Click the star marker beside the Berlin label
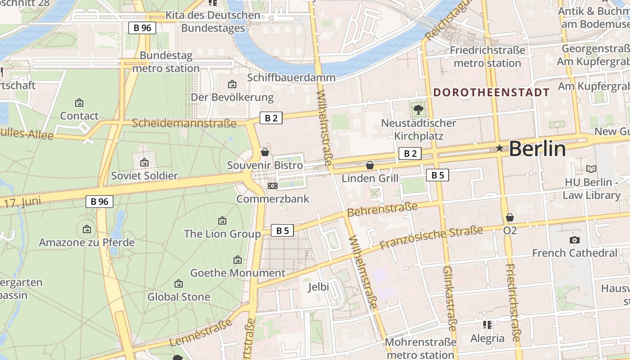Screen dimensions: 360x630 point(499,148)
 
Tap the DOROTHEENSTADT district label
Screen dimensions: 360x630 point(491,93)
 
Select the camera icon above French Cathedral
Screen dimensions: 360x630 point(574,240)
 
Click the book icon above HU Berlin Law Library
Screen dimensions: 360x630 point(591,169)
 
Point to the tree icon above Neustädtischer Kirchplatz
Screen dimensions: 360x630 point(418,109)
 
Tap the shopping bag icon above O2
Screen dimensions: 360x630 point(510,218)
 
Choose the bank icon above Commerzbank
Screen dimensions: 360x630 point(272,185)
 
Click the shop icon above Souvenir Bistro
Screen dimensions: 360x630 point(265,152)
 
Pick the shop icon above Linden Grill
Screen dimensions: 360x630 point(370,165)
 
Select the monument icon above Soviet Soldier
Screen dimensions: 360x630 point(144,162)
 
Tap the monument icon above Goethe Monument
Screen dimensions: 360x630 point(238,260)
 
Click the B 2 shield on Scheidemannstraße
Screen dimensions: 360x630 point(271,118)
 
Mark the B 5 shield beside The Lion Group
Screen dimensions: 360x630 point(282,231)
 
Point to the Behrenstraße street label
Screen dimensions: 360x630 point(382,209)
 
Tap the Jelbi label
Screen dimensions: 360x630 point(319,287)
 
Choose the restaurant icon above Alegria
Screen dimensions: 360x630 point(487,324)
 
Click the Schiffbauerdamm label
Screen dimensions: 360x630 point(291,77)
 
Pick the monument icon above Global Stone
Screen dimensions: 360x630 point(179,283)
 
